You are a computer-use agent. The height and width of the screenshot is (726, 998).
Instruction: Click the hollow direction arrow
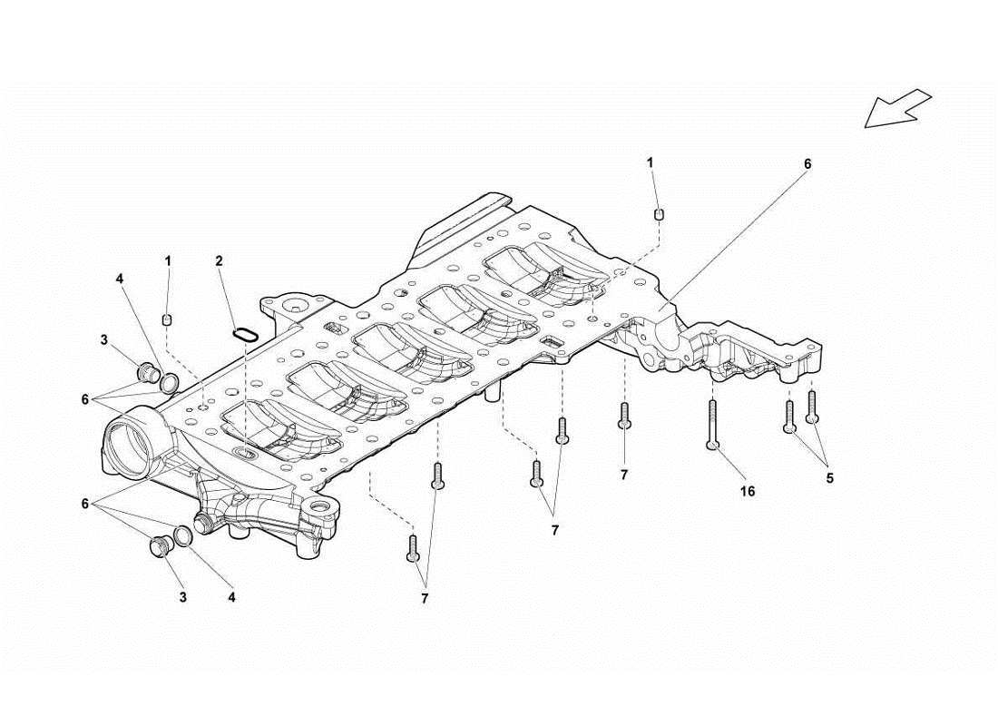click(897, 108)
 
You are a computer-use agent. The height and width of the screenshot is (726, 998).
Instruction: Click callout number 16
click(747, 491)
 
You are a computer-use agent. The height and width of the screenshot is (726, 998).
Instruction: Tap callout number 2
click(220, 260)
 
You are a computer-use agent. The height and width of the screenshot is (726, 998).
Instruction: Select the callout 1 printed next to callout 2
click(168, 260)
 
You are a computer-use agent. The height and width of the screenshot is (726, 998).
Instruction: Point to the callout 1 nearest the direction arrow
click(650, 162)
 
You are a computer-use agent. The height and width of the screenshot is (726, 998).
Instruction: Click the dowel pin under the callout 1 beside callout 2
click(167, 318)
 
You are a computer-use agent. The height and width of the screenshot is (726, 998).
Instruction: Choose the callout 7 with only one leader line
click(624, 474)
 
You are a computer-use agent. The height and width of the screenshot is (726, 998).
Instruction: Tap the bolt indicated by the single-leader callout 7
click(624, 416)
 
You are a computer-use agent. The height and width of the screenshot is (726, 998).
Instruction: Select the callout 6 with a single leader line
click(807, 164)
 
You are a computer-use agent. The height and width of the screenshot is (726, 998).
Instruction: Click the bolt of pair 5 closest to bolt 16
click(789, 415)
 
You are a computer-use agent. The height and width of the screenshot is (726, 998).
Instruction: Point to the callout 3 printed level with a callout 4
click(183, 597)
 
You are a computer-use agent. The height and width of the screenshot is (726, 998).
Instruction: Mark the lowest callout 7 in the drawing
click(424, 598)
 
